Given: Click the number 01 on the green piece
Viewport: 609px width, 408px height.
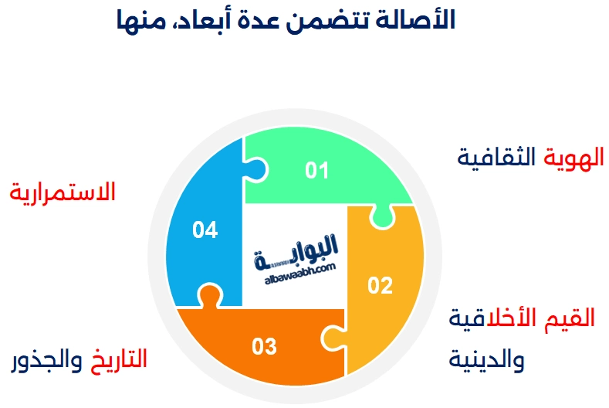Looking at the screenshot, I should click(317, 170).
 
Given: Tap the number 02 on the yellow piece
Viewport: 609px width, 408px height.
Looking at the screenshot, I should click(380, 286).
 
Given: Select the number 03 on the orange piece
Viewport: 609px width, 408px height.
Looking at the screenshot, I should click(264, 346).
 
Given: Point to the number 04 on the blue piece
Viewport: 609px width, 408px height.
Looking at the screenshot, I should click(205, 229).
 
